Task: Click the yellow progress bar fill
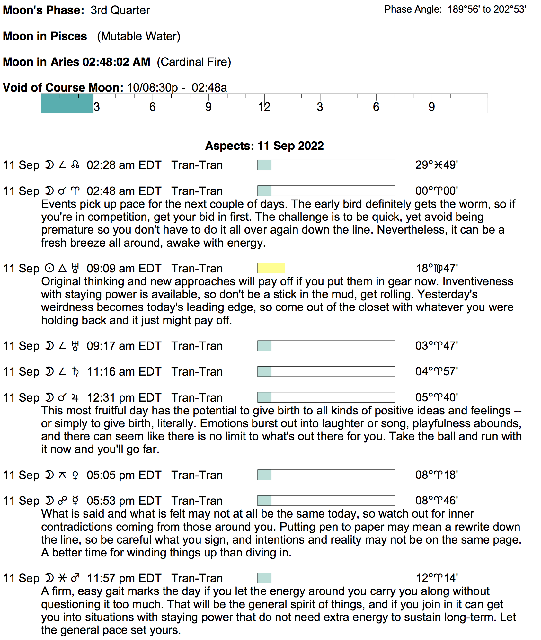[271, 268]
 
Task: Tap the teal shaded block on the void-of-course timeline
[67, 103]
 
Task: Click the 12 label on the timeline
[264, 107]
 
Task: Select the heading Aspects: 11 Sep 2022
[264, 146]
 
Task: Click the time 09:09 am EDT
[124, 269]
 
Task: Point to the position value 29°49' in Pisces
[436, 165]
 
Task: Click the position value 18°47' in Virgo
[437, 268]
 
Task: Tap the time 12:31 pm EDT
[124, 398]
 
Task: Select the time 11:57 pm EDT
[124, 578]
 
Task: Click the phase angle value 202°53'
[510, 9]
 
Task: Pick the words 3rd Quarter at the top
[120, 10]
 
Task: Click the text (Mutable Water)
[138, 36]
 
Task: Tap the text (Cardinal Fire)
[194, 62]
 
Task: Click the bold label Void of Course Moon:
[63, 88]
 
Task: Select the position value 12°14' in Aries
[437, 578]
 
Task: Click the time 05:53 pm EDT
[124, 501]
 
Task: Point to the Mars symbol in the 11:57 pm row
[75, 578]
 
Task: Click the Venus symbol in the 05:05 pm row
[75, 475]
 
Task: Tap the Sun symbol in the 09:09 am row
[49, 268]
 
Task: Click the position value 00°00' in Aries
[436, 191]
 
